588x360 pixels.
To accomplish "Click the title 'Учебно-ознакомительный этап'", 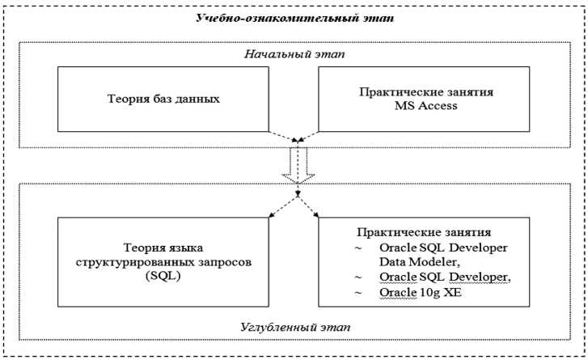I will point(294,18).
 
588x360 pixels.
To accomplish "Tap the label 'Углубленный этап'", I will point(294,326).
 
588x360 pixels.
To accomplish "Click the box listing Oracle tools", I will point(425,260).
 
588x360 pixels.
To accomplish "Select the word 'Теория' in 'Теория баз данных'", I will point(125,99).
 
